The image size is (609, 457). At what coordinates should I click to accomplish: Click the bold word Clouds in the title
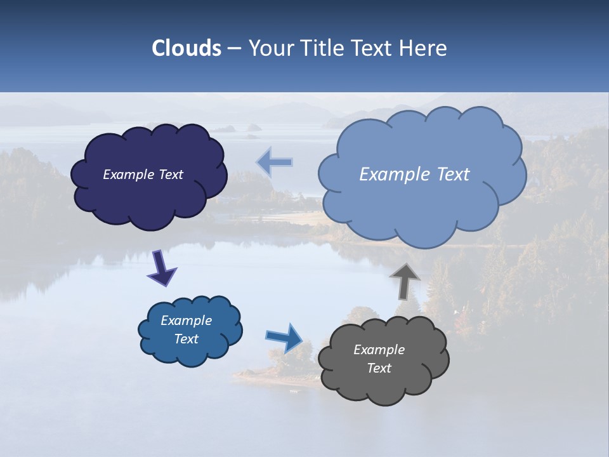point(186,48)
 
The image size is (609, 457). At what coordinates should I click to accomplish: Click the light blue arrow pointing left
point(275,162)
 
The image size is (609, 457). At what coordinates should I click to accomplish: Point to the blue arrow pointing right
point(285,338)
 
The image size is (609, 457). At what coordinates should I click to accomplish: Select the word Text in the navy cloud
point(170,175)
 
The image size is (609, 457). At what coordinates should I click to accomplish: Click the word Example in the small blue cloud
point(186,321)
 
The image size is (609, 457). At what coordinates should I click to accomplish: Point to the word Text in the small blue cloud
point(186,339)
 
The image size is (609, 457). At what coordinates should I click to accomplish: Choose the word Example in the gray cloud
point(379,350)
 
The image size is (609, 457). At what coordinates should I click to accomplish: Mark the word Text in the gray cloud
point(379,368)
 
